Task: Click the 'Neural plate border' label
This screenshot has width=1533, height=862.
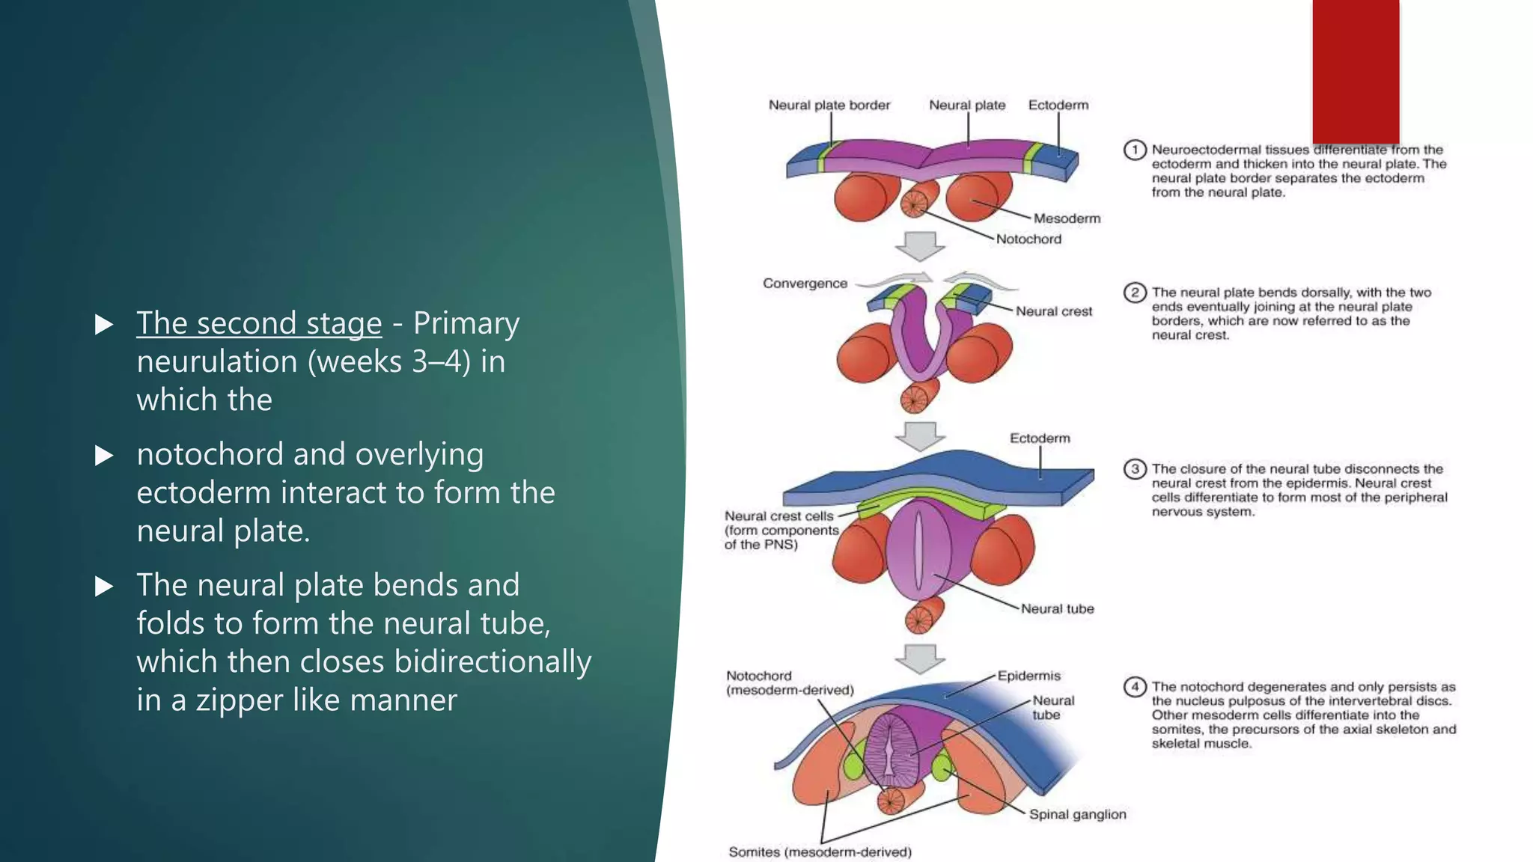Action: click(829, 106)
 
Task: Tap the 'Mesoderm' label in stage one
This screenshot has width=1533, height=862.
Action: click(1067, 218)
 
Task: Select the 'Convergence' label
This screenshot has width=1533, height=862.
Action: click(805, 284)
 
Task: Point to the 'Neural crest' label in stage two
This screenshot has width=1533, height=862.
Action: click(1053, 311)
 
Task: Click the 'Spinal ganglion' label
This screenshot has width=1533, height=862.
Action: click(1077, 814)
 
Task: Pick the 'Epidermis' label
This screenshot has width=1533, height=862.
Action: click(1028, 676)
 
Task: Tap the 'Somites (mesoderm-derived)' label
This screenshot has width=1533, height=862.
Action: click(820, 852)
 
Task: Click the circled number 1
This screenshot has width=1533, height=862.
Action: click(1135, 150)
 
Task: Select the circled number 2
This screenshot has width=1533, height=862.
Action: click(1135, 293)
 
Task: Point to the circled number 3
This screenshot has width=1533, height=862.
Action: click(1135, 469)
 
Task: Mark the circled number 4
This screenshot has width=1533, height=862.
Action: click(1135, 687)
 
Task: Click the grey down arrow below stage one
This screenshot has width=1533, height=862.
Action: click(920, 246)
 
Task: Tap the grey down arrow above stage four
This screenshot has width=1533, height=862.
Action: click(920, 658)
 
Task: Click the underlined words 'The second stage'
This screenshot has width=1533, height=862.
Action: click(259, 323)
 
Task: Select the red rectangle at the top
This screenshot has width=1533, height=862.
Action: click(1356, 71)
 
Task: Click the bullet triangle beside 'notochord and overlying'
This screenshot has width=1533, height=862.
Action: click(104, 456)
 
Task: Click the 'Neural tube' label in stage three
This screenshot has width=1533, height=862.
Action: click(1057, 609)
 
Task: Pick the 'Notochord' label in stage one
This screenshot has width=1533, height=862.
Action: click(1028, 239)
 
